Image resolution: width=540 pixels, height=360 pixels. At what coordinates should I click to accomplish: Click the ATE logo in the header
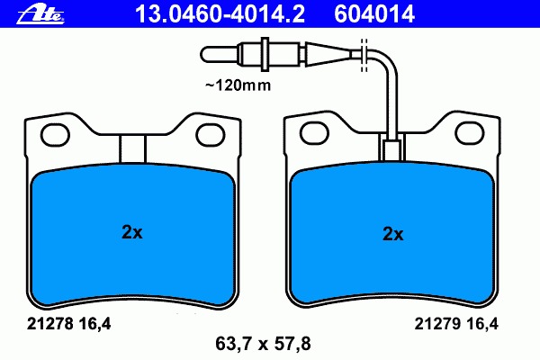coord(40,15)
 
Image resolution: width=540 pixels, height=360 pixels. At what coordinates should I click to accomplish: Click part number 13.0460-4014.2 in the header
coord(220,14)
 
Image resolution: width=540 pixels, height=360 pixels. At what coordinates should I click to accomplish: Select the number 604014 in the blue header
coord(374,14)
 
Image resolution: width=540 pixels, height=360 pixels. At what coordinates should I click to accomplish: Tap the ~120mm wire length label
coord(238,85)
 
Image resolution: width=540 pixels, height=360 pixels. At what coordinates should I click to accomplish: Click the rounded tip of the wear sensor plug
coord(206,54)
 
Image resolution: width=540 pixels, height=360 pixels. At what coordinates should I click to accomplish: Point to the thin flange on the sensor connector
coord(265,54)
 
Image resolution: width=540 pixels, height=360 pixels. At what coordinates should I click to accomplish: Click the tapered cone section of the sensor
coord(328,54)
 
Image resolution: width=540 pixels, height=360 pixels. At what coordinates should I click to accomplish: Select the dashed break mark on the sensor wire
coord(364,55)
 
